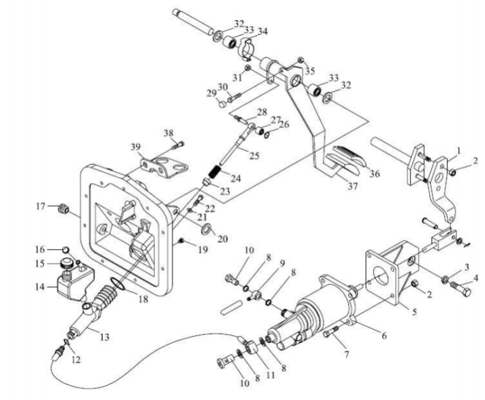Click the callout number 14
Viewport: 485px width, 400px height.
click(40, 287)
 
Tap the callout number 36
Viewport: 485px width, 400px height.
click(375, 174)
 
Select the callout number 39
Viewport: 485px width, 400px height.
click(135, 147)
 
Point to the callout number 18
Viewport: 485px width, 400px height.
click(143, 299)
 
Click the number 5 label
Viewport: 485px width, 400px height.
click(415, 312)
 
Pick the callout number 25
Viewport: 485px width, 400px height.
click(254, 155)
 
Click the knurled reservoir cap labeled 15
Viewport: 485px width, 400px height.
click(67, 263)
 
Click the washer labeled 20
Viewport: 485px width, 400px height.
click(206, 229)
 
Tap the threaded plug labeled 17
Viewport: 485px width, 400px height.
click(64, 208)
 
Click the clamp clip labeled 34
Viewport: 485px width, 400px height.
click(247, 48)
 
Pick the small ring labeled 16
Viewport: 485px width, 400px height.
click(65, 249)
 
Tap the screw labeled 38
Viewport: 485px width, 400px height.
click(178, 144)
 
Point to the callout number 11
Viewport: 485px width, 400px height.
click(271, 375)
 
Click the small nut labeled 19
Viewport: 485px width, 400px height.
click(182, 240)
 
